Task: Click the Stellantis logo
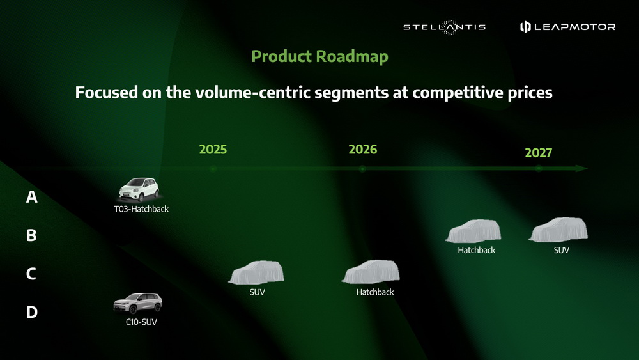pyautogui.click(x=444, y=27)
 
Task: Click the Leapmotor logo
pyautogui.click(x=567, y=27)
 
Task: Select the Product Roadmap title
pyautogui.click(x=319, y=56)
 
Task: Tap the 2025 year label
pyautogui.click(x=213, y=149)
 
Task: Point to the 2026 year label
pyautogui.click(x=363, y=149)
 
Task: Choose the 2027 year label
pyautogui.click(x=538, y=152)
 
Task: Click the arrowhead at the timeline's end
pyautogui.click(x=581, y=168)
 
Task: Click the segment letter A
pyautogui.click(x=32, y=197)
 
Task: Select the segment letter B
pyautogui.click(x=31, y=235)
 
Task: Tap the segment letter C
pyautogui.click(x=31, y=274)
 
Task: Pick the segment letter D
pyautogui.click(x=32, y=312)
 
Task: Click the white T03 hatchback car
pyautogui.click(x=139, y=189)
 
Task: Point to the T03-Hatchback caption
pyautogui.click(x=141, y=209)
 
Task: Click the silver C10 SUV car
pyautogui.click(x=138, y=303)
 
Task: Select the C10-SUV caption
pyautogui.click(x=141, y=322)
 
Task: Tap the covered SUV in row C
pyautogui.click(x=256, y=272)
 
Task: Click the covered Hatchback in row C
pyautogui.click(x=371, y=272)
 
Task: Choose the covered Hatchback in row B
pyautogui.click(x=473, y=231)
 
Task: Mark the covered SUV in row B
pyautogui.click(x=558, y=230)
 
